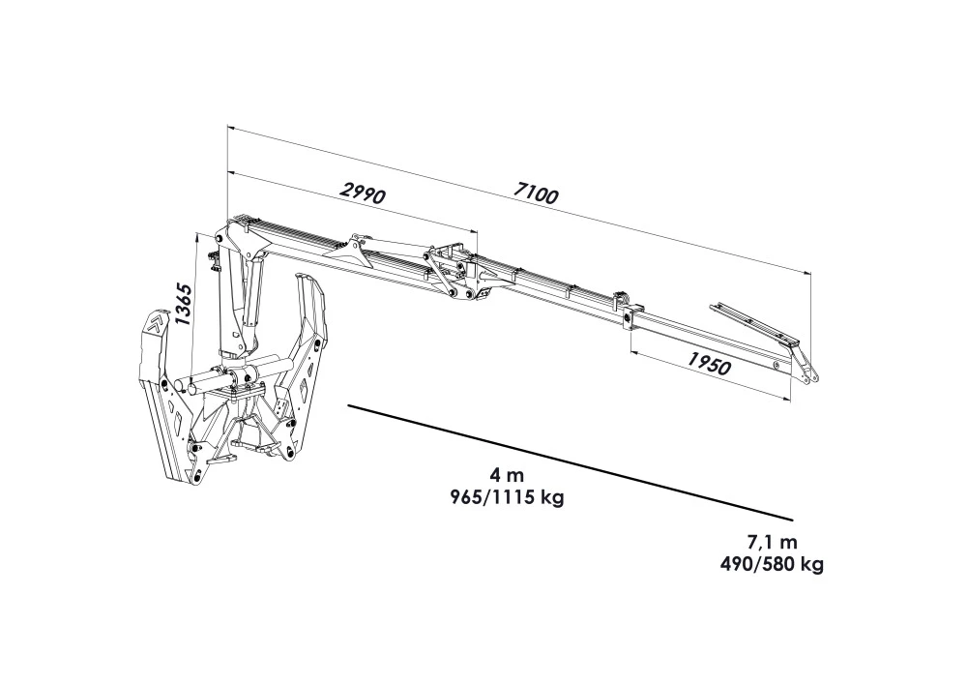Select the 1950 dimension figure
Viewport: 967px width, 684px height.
pos(708,363)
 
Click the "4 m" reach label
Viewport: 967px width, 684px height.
pos(507,476)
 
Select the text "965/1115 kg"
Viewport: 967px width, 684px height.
pos(509,497)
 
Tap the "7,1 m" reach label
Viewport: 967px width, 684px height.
pos(772,543)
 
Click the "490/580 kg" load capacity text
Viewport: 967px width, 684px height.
pos(772,564)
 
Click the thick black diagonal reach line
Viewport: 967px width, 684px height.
pos(570,461)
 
